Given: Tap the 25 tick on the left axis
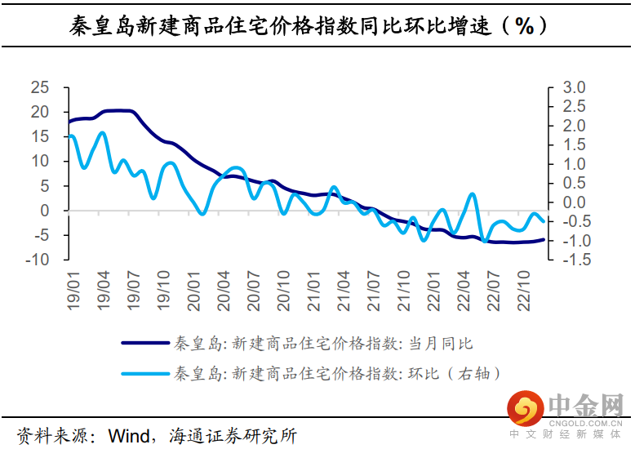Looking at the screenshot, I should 39,87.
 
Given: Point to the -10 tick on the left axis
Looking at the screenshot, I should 37,260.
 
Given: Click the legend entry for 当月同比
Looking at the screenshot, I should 323,343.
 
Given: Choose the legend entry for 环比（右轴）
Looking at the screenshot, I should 336,374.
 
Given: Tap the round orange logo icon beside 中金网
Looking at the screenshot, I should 525,406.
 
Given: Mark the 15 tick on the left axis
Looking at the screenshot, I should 39,136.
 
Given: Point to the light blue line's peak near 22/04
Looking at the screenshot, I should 473,194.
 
